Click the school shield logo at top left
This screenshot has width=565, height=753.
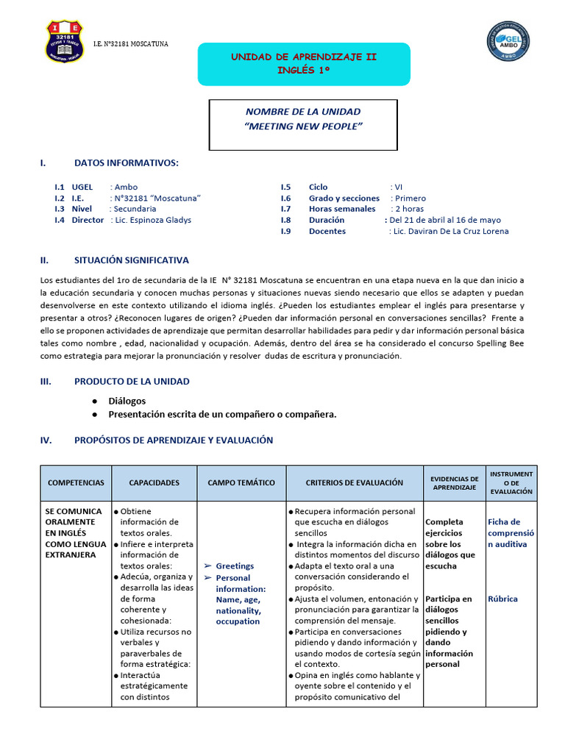[x=64, y=42]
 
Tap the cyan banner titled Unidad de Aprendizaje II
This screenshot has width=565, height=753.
[x=303, y=63]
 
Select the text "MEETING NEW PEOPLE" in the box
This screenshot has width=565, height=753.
[x=303, y=126]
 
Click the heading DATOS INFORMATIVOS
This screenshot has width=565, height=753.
[x=126, y=163]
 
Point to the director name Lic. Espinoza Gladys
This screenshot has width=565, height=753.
[x=151, y=220]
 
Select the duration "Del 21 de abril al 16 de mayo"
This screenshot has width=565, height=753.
[x=444, y=220]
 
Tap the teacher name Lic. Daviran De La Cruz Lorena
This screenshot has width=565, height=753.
[x=448, y=231]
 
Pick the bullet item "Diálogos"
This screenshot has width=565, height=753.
[x=127, y=401]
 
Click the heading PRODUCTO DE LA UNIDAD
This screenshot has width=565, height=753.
[x=132, y=381]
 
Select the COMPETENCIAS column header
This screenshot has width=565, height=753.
[x=76, y=482]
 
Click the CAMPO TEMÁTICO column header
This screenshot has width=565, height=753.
[x=241, y=482]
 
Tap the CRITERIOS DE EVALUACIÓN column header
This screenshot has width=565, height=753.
[x=354, y=482]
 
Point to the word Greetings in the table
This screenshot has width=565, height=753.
[x=235, y=566]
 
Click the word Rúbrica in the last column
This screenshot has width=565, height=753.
[x=502, y=599]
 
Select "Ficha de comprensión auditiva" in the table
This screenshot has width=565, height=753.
[x=511, y=532]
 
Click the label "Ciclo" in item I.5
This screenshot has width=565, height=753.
[x=319, y=187]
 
